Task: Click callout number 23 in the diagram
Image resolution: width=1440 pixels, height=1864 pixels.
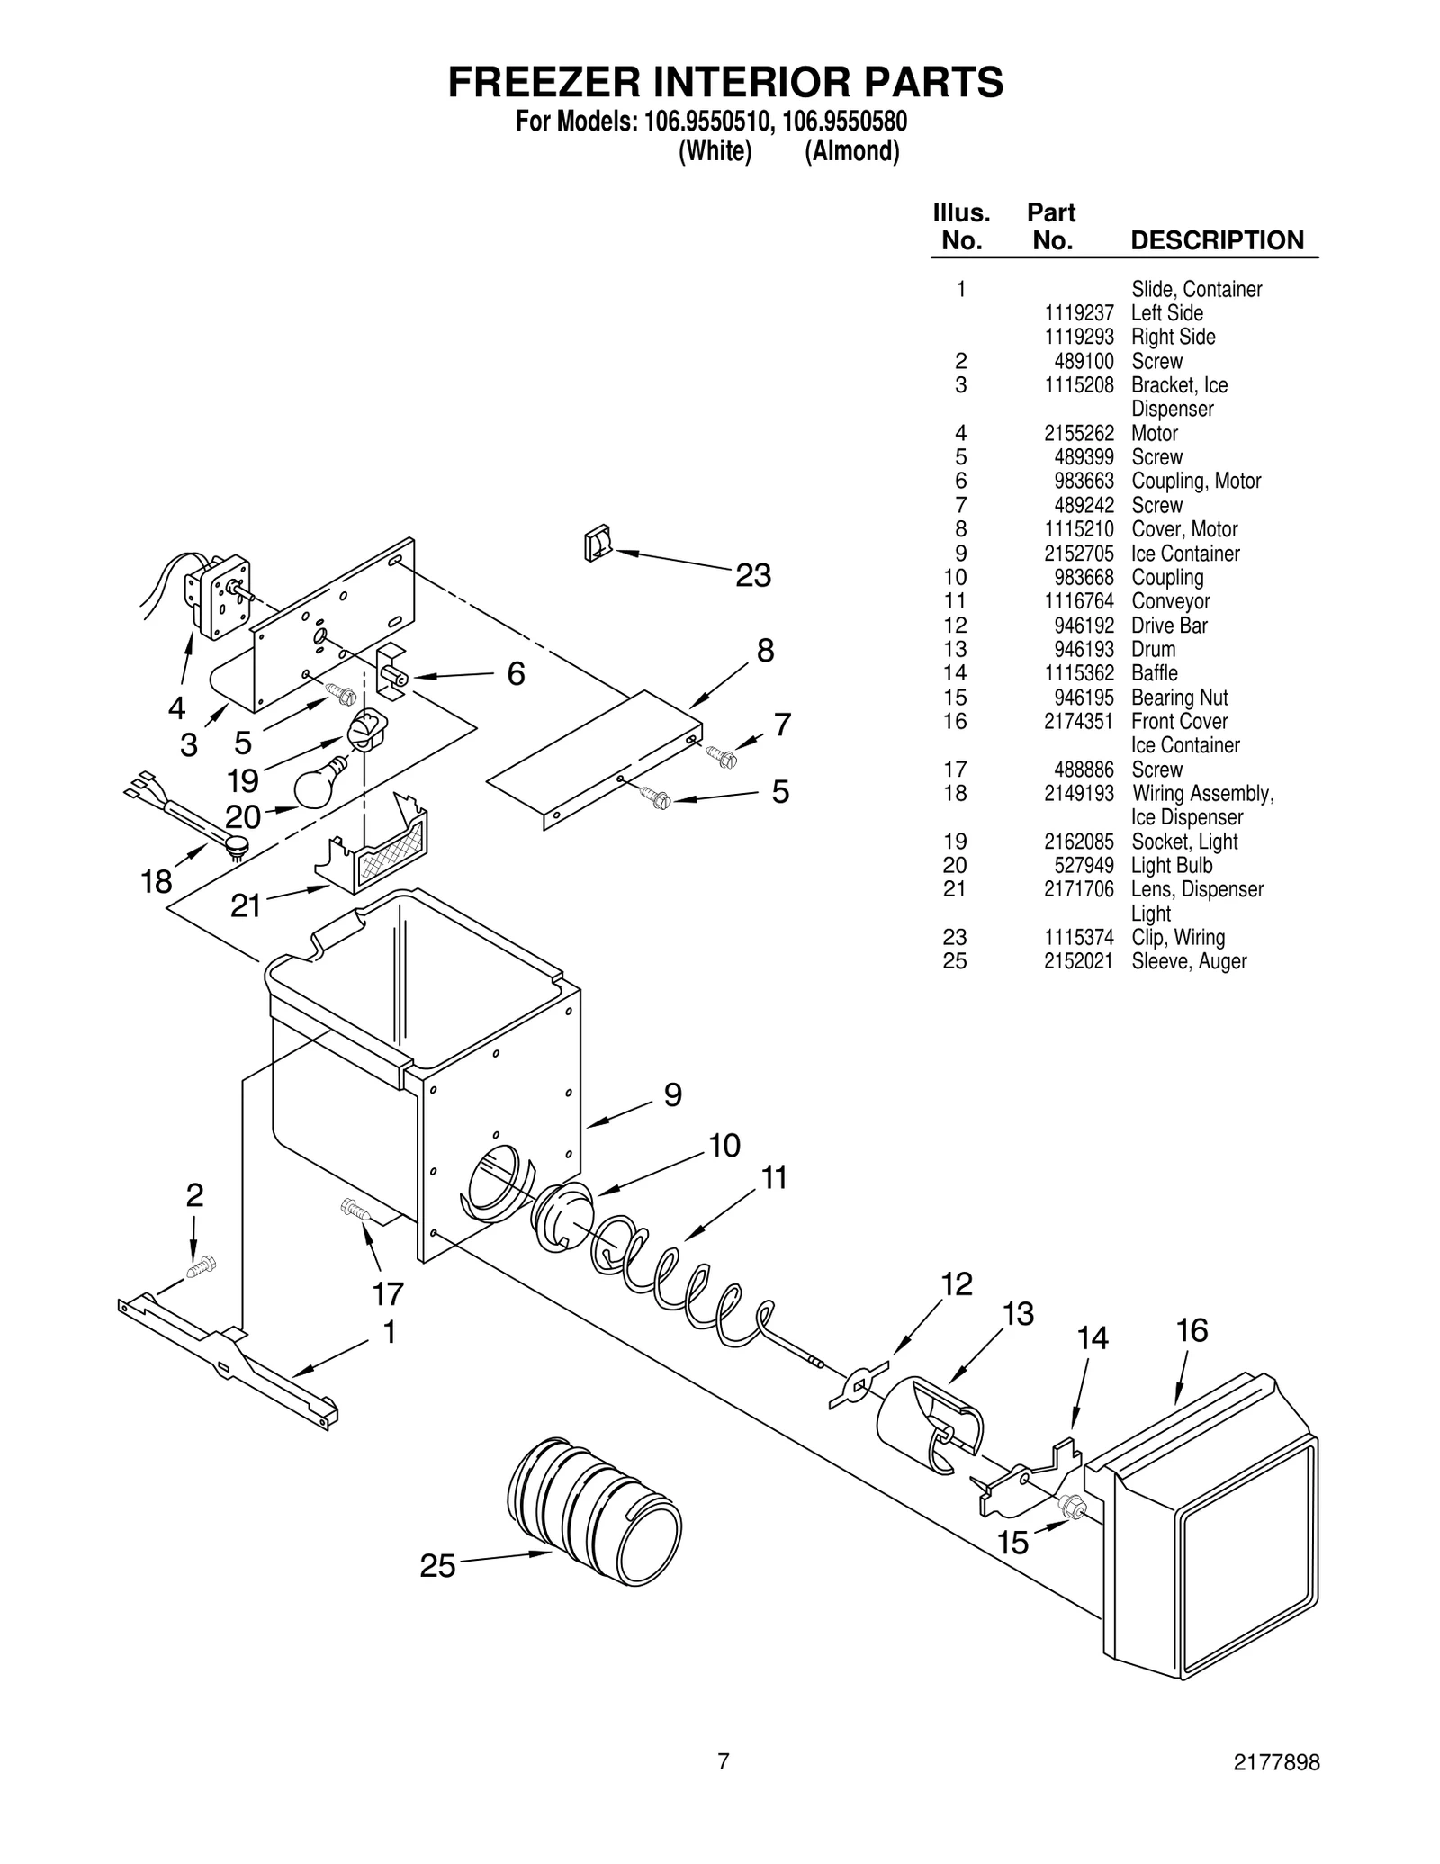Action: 753,575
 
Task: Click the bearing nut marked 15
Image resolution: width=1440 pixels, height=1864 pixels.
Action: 1072,1505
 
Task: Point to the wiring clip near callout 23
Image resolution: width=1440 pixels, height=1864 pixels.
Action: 597,545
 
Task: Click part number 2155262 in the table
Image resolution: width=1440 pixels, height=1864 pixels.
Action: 1078,433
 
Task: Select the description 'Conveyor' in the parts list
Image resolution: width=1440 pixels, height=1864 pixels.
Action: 1170,601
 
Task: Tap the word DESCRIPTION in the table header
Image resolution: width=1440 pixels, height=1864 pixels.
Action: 1217,240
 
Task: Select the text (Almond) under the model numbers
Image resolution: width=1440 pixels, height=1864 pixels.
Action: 851,151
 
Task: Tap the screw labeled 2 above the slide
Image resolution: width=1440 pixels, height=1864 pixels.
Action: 201,1266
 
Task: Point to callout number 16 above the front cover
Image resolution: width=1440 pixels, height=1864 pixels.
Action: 1192,1330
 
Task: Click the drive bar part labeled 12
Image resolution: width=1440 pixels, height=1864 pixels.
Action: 857,1383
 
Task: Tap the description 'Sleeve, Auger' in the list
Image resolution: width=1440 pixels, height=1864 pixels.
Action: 1189,961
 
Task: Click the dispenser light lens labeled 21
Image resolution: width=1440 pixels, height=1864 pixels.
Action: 378,846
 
